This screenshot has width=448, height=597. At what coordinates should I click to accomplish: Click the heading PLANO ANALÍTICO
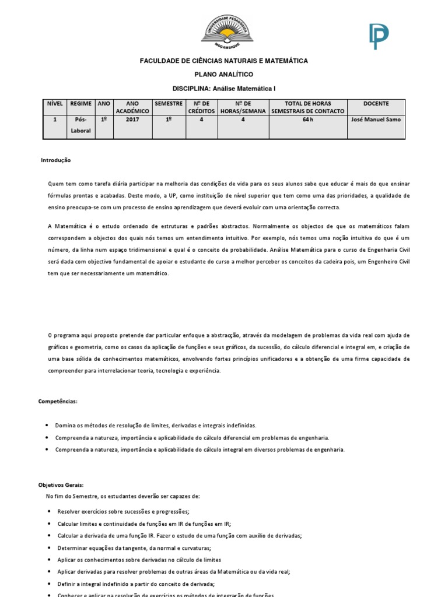click(x=223, y=75)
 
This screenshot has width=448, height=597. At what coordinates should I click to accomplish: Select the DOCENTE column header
click(x=376, y=104)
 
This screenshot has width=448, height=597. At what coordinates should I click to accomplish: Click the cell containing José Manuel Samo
click(x=376, y=120)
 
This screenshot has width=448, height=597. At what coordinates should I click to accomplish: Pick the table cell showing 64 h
click(x=307, y=120)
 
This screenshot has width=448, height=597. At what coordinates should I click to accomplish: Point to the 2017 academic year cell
click(x=132, y=120)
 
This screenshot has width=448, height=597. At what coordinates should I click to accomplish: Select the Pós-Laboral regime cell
click(x=80, y=125)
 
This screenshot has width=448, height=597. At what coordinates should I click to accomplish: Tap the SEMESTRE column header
click(x=169, y=104)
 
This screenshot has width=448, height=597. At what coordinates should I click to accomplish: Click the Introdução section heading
click(x=55, y=160)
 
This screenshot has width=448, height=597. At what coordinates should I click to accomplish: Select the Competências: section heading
click(x=58, y=402)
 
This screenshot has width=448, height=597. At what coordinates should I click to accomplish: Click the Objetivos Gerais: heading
click(x=61, y=485)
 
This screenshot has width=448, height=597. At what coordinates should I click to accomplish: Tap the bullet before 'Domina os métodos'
click(x=47, y=426)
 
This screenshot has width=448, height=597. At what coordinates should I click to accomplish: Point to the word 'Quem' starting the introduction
click(x=55, y=184)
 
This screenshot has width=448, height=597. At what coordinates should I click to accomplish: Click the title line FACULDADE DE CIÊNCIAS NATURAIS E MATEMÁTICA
click(x=223, y=61)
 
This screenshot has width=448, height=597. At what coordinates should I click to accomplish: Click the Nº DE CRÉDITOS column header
click(x=201, y=107)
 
